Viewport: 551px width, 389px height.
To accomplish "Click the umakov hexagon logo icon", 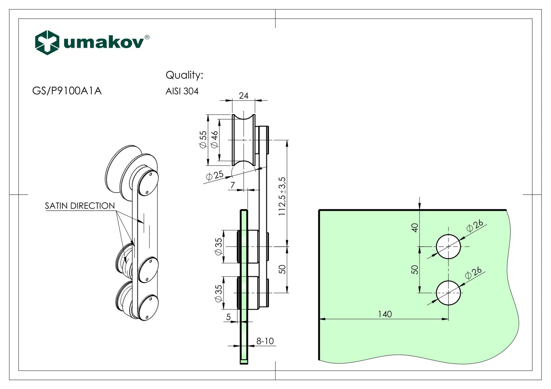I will point(47,43).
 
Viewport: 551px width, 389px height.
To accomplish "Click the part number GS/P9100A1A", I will point(67,91).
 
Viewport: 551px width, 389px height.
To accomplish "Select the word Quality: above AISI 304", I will point(184,75).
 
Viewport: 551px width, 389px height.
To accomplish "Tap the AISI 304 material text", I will point(182,91).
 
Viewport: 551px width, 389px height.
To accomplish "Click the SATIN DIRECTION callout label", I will point(80,206).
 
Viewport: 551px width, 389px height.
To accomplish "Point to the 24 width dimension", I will point(244,96).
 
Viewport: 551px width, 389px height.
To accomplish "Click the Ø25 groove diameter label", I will point(214,175).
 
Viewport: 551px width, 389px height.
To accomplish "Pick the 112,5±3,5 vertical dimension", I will point(282,197).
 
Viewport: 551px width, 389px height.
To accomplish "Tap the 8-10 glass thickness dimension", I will point(265,341).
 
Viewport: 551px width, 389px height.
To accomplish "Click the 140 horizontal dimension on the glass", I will point(385,314).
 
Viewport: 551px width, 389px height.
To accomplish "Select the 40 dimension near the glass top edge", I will point(415,227).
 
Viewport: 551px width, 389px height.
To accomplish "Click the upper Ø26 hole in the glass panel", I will point(448,246).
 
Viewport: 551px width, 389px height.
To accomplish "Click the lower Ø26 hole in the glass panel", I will point(448,293).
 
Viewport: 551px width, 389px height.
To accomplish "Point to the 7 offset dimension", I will point(233,185).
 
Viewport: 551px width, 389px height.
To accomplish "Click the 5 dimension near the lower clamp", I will point(229,317).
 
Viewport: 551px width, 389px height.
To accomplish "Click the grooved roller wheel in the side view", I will point(244,140).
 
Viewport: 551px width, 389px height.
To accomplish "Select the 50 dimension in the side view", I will point(282,269).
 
